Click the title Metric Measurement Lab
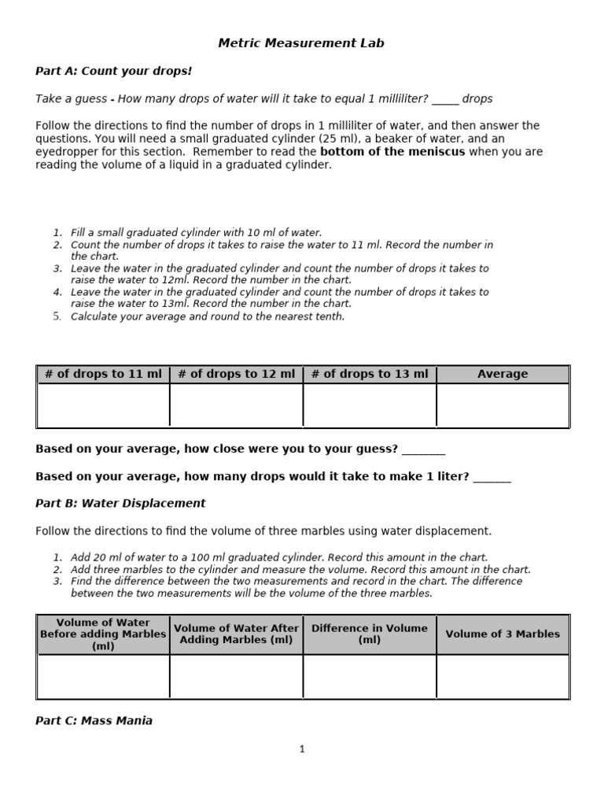(x=301, y=43)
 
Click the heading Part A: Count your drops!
(x=113, y=71)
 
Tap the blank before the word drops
(x=445, y=100)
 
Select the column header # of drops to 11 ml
(x=103, y=374)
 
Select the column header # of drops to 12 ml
(x=237, y=374)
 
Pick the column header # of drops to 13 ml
(x=370, y=374)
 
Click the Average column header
(x=503, y=374)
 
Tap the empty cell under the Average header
(x=503, y=405)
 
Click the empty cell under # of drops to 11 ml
(x=103, y=405)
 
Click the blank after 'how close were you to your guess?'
(x=423, y=450)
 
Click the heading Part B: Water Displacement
(x=120, y=503)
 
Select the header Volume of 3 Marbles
(x=503, y=634)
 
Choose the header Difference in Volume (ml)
(x=370, y=634)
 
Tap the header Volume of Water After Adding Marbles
(x=237, y=634)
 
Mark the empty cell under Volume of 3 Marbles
(x=503, y=676)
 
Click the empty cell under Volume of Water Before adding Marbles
(x=103, y=676)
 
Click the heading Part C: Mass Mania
(x=94, y=720)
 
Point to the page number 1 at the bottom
(x=302, y=749)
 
